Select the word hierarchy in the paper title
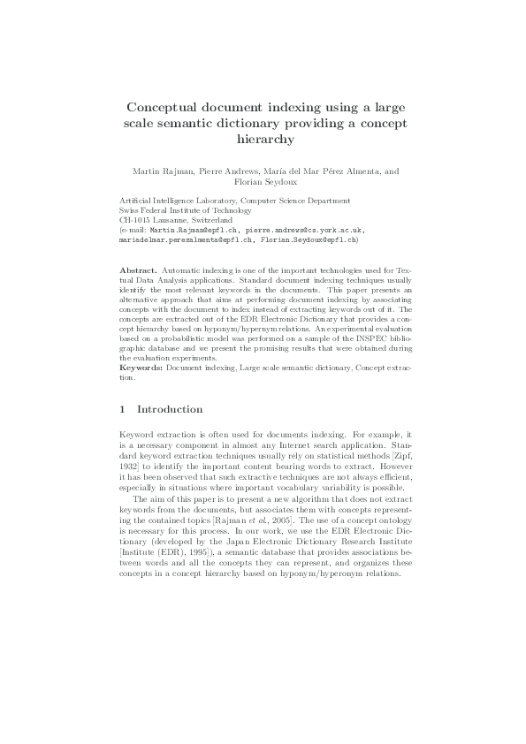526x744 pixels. [x=263, y=139]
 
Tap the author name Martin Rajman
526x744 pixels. [x=172, y=171]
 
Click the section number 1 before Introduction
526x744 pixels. [x=122, y=410]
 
